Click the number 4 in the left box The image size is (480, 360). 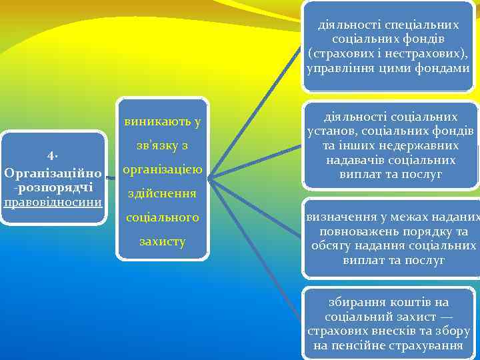pyautogui.click(x=52, y=156)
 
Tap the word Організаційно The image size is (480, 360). pyautogui.click(x=53, y=173)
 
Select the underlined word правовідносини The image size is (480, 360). pyautogui.click(x=53, y=201)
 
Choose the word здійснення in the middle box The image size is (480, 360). pyautogui.click(x=163, y=193)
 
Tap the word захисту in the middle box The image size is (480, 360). pyautogui.click(x=163, y=241)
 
